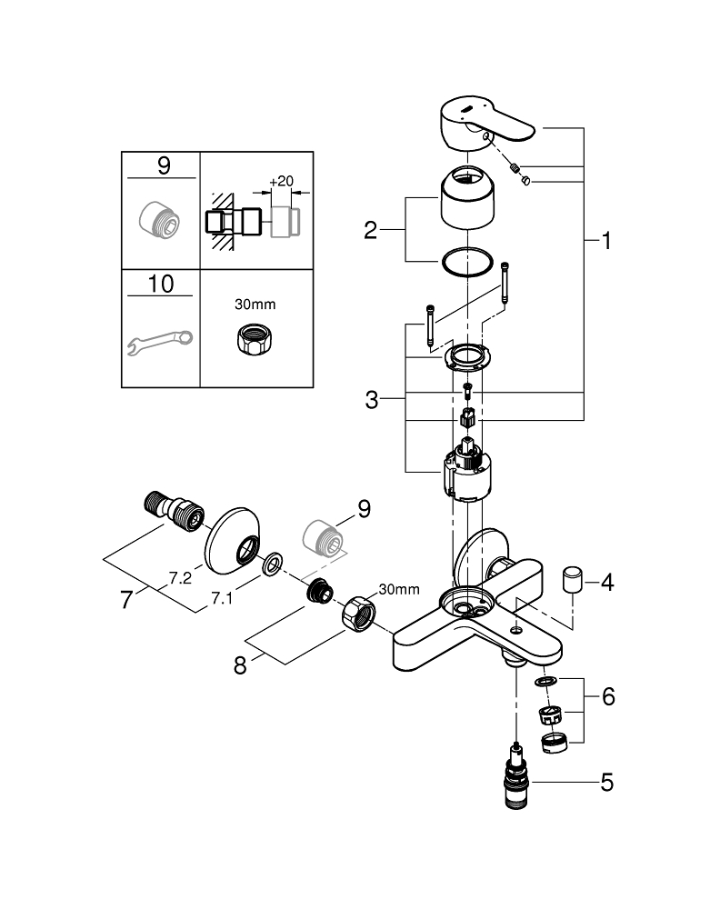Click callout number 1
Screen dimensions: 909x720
605,242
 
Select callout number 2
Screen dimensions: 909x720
370,230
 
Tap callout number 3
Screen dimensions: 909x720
370,399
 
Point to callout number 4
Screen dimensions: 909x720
605,582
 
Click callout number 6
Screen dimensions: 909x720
607,697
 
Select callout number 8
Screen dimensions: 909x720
240,664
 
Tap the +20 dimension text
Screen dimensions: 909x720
284,181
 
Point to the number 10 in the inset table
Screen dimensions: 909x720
160,284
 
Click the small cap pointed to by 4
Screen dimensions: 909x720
573,578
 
